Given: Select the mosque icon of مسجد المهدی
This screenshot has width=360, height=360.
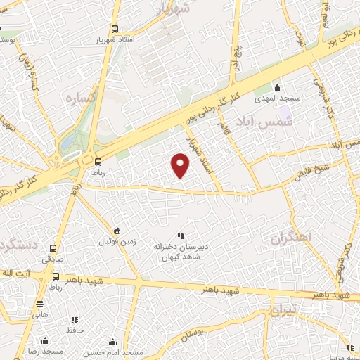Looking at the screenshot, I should (278, 88).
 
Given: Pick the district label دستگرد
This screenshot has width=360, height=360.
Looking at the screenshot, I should (18, 246).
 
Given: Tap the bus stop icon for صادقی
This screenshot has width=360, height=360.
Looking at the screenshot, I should (53, 247).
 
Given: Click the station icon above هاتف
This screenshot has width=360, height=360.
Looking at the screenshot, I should (39, 304).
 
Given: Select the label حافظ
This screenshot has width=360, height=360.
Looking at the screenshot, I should (75, 330).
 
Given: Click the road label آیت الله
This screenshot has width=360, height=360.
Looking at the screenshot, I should (17, 272).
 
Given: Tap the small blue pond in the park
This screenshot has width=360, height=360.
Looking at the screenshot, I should (69, 146).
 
